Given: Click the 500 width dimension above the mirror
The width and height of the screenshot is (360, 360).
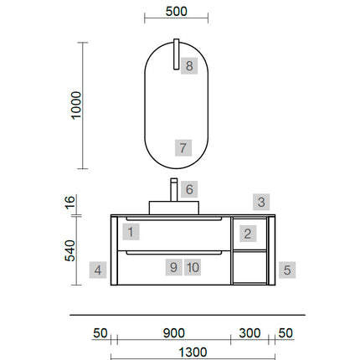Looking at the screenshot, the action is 176,12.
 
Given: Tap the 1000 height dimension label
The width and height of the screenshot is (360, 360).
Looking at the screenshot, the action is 76,105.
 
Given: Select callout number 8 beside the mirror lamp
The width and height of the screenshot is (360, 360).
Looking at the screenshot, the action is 189,66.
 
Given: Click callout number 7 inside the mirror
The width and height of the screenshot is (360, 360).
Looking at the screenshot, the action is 183,147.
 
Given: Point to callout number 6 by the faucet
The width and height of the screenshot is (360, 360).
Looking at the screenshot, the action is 189,189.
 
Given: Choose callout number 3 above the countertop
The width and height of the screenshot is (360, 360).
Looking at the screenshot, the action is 261,202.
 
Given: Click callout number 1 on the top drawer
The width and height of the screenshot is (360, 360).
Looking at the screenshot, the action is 131,232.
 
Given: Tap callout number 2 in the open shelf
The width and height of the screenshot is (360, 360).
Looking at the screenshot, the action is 248,234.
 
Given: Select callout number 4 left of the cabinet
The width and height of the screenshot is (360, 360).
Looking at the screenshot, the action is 98,270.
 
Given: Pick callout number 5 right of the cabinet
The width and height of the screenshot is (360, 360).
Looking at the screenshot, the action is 287,270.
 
